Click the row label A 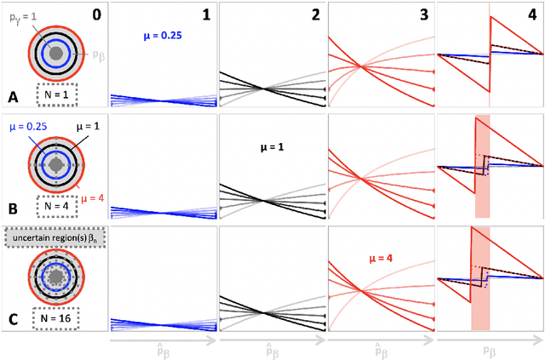pos(12,96)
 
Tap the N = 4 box pos(56,206)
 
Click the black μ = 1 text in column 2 pos(272,146)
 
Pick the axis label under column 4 pos(490,349)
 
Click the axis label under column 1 pos(163,349)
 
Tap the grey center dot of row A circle pos(55,53)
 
